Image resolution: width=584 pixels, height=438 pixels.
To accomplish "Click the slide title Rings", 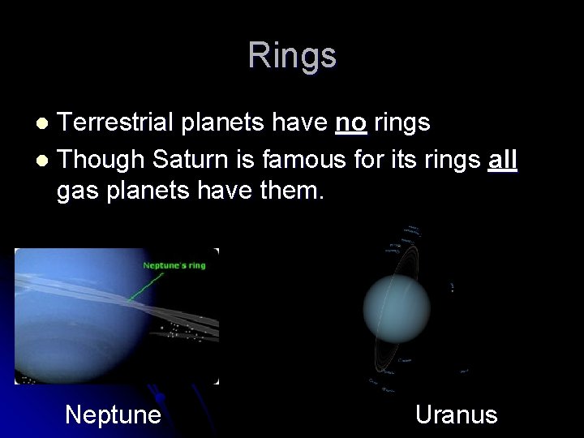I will click(292, 55).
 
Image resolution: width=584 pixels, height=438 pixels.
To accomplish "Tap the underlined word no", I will click(350, 122).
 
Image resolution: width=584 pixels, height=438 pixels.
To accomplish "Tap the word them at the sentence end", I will click(288, 193).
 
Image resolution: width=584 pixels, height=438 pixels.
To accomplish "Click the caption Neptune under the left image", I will click(113, 414).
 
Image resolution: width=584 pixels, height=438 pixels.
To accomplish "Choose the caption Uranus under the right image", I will click(456, 414).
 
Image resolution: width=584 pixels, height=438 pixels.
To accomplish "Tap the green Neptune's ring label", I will click(174, 265).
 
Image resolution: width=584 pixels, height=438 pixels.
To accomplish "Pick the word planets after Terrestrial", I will click(218, 122).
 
